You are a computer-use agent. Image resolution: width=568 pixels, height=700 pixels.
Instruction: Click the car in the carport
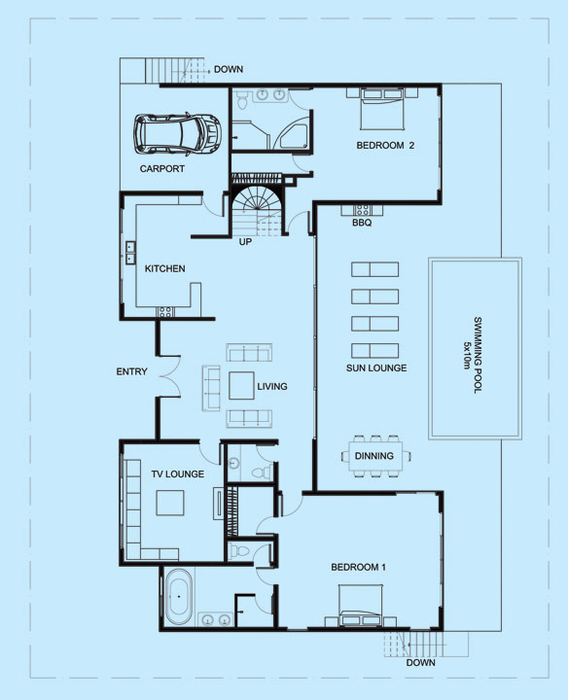click(177, 135)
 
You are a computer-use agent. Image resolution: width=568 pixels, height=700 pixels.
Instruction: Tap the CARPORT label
click(162, 169)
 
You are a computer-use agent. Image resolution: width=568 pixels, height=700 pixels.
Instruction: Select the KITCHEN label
click(164, 268)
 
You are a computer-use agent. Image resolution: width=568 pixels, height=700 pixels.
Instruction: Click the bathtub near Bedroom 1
click(179, 596)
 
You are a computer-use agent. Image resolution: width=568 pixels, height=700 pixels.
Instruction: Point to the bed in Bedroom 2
click(382, 109)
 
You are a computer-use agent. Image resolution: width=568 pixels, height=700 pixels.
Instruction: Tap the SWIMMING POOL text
click(478, 355)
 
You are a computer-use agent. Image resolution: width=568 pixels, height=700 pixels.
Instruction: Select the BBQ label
click(362, 223)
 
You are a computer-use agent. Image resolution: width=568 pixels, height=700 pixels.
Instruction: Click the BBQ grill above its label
click(362, 210)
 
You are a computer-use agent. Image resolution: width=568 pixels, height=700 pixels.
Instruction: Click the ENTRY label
click(131, 371)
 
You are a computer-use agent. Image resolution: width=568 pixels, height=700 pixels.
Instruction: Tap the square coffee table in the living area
click(241, 386)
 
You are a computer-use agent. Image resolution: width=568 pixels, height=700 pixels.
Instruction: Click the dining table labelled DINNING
click(375, 456)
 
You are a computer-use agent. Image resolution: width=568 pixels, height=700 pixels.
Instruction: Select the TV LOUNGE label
click(177, 474)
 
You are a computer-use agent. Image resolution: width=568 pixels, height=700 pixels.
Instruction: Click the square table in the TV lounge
click(169, 504)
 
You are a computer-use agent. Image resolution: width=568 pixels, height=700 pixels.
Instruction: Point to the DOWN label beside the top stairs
click(229, 69)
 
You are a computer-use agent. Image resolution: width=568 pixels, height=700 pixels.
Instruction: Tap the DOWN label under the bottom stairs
click(420, 662)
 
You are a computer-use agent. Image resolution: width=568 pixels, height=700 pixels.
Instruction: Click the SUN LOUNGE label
click(376, 367)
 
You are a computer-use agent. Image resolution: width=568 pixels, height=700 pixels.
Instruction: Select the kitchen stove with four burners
click(165, 312)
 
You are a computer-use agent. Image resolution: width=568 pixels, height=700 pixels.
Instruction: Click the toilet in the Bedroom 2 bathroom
click(242, 100)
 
